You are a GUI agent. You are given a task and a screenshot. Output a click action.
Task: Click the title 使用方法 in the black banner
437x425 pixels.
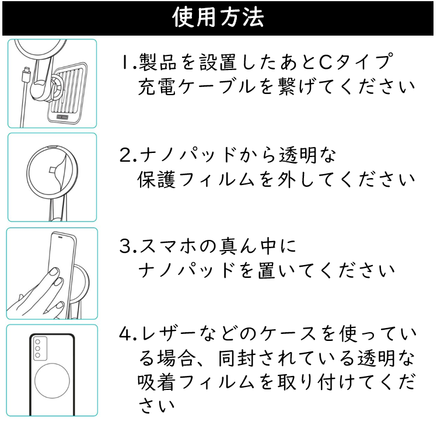218,18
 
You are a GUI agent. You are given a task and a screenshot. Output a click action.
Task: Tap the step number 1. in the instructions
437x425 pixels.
128,62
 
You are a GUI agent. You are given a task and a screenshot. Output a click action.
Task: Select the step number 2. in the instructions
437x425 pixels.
128,155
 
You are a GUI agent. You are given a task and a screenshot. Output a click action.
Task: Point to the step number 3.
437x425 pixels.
128,246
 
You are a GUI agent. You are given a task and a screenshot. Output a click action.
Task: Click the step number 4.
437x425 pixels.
128,334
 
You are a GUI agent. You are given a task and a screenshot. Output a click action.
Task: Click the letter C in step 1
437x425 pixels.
326,62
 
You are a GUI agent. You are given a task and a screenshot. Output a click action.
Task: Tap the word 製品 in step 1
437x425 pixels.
158,62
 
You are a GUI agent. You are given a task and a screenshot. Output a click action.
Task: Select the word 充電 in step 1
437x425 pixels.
156,87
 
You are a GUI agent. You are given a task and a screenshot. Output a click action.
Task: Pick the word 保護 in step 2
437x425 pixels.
156,179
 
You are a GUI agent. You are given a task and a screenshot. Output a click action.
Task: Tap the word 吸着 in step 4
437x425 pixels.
156,382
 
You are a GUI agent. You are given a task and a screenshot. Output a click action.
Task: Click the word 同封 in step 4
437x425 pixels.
237,358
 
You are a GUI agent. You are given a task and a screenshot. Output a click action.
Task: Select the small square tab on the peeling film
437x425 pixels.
53,170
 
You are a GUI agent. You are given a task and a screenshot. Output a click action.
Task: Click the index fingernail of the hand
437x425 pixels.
54,271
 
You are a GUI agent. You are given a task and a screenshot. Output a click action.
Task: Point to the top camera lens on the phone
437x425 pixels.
37,342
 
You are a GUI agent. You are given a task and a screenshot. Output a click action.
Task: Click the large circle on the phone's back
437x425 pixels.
52,381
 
